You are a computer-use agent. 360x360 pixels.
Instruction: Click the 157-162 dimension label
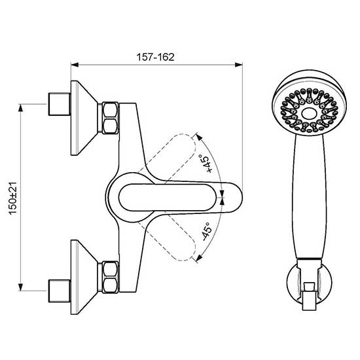[x=155, y=57]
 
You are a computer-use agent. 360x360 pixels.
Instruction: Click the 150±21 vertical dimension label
[x=12, y=198]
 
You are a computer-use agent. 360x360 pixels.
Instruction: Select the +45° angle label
[x=206, y=164]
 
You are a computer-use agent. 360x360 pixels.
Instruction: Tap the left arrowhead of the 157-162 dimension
[x=75, y=65]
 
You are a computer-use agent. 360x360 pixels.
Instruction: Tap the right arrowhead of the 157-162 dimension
[x=239, y=65]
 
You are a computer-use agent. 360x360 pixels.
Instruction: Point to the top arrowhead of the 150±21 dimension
[x=21, y=108]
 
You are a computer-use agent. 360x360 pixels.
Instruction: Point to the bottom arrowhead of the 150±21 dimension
[x=21, y=287]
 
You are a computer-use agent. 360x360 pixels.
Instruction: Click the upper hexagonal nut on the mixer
[x=110, y=118]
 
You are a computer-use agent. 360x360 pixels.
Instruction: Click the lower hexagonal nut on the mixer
[x=110, y=277]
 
